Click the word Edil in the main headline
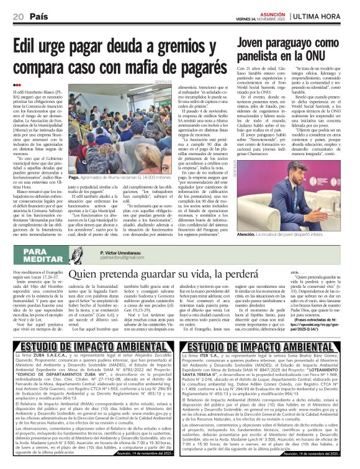coord(29,45)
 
